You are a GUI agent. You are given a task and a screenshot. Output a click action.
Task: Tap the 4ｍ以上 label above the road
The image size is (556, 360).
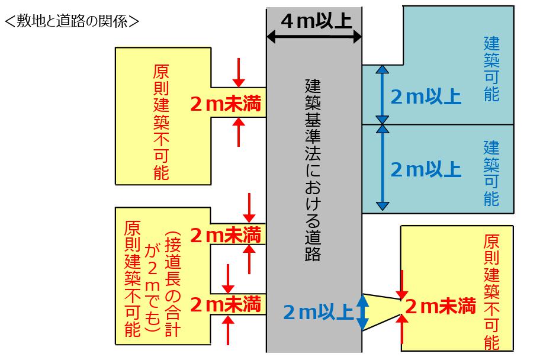coord(317,21)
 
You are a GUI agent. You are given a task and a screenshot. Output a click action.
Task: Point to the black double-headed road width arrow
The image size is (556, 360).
coord(314,36)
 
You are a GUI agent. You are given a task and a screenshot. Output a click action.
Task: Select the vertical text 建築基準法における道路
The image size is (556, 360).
coord(313,171)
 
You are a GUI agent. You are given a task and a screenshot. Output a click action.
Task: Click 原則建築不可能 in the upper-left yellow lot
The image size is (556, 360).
coord(161,122)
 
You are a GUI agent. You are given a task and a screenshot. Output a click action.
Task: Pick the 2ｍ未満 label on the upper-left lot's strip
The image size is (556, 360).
coord(226,104)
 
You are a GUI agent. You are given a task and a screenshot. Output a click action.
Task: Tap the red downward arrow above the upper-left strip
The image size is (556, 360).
coord(239,73)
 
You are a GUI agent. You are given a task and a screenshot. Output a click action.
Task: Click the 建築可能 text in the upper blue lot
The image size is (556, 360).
coord(492,69)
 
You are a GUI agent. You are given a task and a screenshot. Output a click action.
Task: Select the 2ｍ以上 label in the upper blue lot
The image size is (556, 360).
coord(426,97)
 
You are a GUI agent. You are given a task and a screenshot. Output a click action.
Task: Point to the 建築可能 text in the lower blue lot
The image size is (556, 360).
coord(492,173)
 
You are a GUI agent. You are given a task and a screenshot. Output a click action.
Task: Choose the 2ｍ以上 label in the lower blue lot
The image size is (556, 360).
coord(426,169)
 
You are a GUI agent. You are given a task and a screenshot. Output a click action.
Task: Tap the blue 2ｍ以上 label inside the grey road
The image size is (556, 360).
coord(318,312)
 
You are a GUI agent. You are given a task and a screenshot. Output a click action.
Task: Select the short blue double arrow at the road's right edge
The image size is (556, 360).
coord(362,312)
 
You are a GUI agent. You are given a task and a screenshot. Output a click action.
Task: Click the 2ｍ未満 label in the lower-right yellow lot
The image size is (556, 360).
coord(440,306)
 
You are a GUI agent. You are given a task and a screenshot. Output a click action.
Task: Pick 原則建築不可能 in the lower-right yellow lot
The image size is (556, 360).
coord(492,292)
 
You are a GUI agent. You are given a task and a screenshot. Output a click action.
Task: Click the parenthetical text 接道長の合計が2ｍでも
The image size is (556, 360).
coord(163,284)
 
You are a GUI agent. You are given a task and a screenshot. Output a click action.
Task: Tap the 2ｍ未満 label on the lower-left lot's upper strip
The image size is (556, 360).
coord(226,235)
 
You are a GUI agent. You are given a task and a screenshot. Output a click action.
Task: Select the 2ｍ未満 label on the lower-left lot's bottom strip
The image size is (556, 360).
coord(226,304)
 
